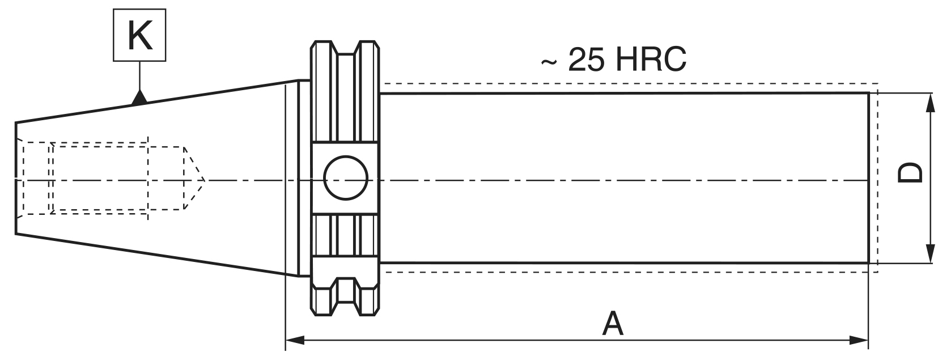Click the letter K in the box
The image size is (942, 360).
pos(140,35)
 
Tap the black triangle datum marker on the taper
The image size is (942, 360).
pos(139,98)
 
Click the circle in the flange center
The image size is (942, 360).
pos(346,178)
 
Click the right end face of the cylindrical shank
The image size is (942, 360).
pos(868,178)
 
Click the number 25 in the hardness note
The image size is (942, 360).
pos(585,60)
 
